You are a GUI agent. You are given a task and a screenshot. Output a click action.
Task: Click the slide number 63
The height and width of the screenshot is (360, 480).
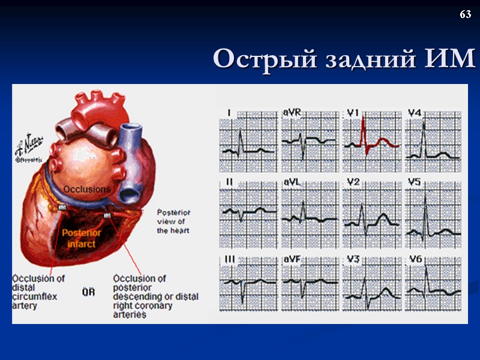pyautogui.click(x=465, y=14)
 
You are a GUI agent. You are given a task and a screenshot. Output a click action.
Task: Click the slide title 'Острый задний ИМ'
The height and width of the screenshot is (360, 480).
pyautogui.click(x=343, y=59)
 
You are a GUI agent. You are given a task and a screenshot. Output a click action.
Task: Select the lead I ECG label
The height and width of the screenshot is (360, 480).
pyautogui.click(x=229, y=112)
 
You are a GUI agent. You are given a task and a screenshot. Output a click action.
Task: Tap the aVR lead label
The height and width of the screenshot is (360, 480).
pyautogui.click(x=291, y=112)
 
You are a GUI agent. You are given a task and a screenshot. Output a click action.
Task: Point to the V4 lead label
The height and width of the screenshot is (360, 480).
pyautogui.click(x=415, y=112)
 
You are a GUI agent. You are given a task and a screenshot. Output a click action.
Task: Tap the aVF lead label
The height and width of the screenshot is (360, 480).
pyautogui.click(x=291, y=259)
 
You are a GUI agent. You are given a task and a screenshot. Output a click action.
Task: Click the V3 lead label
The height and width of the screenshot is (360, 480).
pyautogui.click(x=353, y=259)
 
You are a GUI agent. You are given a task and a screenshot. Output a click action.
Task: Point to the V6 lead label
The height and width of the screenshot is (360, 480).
pyautogui.click(x=415, y=259)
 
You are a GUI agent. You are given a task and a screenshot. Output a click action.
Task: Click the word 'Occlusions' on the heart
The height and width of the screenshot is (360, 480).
pyautogui.click(x=87, y=189)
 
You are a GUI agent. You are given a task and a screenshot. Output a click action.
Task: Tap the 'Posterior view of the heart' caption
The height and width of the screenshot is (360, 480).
pyautogui.click(x=174, y=221)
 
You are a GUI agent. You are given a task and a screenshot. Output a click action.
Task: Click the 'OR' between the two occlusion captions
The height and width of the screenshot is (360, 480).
pyautogui.click(x=88, y=292)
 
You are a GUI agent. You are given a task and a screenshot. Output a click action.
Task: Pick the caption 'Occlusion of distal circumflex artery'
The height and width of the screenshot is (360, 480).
pyautogui.click(x=39, y=292)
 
